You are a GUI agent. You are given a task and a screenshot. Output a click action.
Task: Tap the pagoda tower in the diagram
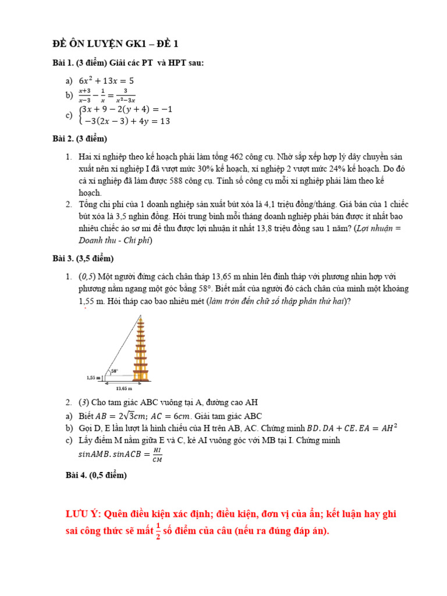[140, 349]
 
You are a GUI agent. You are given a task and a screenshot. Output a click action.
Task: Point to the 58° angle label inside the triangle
[115, 370]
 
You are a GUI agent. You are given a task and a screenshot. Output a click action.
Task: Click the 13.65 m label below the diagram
[124, 388]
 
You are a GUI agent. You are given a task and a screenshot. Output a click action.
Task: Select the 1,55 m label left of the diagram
[93, 378]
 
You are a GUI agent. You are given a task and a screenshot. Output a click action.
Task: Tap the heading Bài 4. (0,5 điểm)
[96, 476]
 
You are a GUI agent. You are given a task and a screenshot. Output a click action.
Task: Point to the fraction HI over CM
[157, 455]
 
